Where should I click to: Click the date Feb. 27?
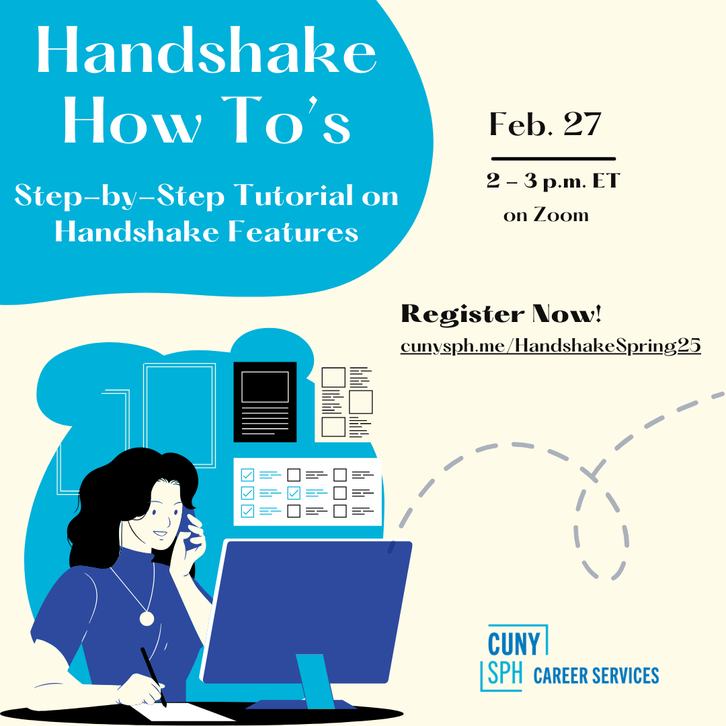[545, 124]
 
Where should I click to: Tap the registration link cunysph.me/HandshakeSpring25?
[551, 346]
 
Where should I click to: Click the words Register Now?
[501, 314]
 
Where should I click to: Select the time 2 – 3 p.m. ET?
[553, 181]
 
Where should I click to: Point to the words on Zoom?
[546, 215]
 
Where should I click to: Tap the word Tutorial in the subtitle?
[294, 195]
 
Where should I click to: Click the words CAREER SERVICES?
[596, 676]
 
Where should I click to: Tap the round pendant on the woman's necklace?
[147, 618]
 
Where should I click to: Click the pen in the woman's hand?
[153, 677]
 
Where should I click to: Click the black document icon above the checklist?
[265, 402]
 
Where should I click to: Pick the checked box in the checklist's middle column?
[294, 493]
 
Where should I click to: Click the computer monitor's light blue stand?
[315, 681]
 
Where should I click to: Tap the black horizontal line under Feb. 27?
[553, 159]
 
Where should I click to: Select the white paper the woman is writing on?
[183, 712]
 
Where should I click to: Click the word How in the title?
[132, 120]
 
